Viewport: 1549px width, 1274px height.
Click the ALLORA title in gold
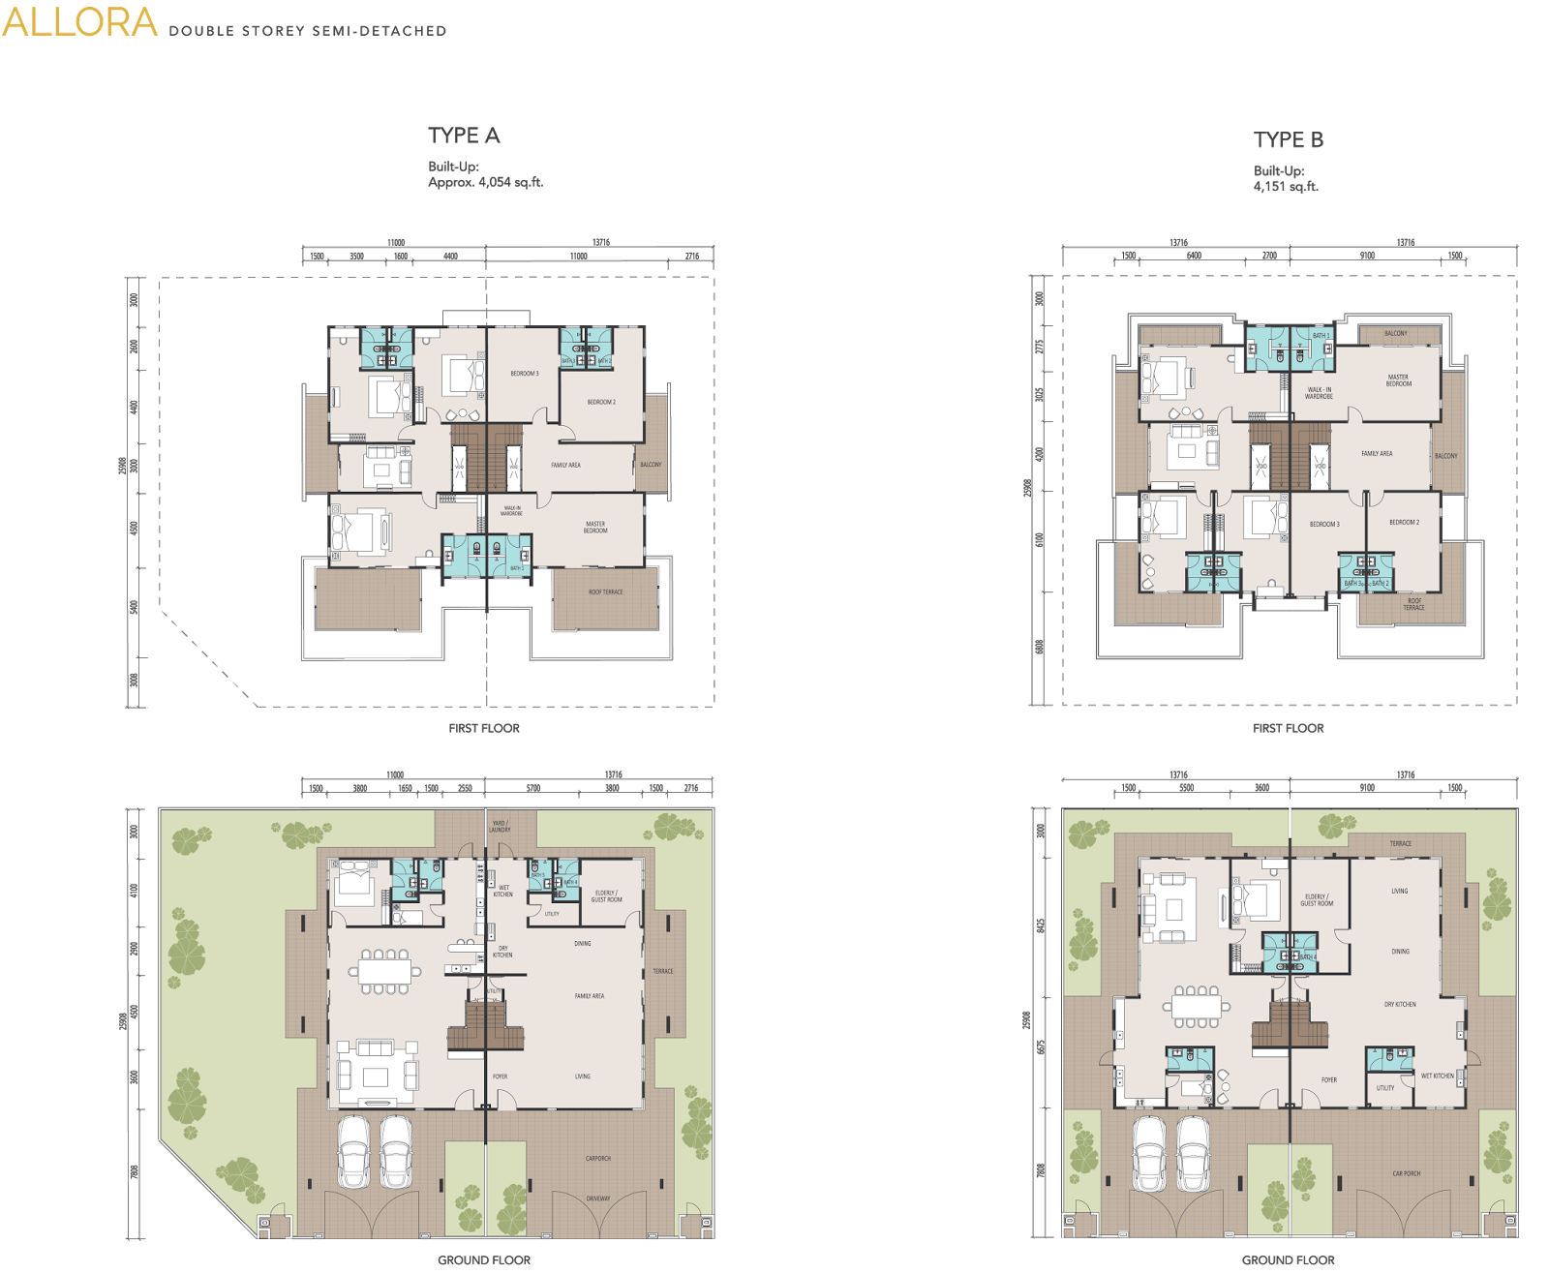[79, 23]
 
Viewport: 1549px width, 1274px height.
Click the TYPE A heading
[464, 136]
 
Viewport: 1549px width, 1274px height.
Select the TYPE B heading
[1288, 140]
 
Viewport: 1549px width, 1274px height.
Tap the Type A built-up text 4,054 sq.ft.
[485, 182]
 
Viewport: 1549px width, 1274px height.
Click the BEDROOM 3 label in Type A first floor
[525, 374]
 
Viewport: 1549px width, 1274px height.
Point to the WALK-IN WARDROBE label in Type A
[511, 510]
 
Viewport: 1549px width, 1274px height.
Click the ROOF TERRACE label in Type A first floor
[606, 591]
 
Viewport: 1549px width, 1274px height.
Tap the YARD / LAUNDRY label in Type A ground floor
[500, 827]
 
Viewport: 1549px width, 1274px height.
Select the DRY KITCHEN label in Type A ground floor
[502, 952]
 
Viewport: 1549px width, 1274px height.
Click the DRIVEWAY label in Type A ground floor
[598, 1198]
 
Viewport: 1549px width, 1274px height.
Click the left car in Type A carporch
[352, 1151]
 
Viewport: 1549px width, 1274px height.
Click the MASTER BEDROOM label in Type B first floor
[1398, 380]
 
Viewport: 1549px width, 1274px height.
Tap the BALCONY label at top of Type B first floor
[1395, 333]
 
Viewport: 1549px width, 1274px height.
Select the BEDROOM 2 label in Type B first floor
[1404, 522]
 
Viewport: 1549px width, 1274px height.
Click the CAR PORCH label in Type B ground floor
[1406, 1173]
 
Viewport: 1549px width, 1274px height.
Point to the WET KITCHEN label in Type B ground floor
[1437, 1076]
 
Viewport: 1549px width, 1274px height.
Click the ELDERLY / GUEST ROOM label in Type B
[1317, 900]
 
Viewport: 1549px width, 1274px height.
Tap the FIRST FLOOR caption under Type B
[1288, 728]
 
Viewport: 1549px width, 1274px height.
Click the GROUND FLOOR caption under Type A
[484, 1259]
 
